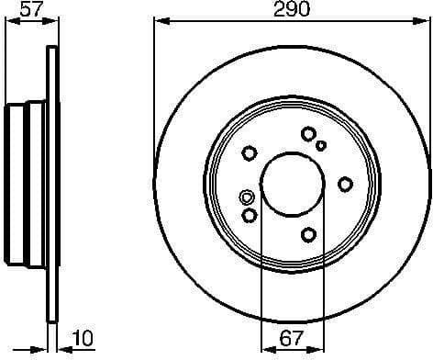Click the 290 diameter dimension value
point(290,10)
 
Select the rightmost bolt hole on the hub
point(345,184)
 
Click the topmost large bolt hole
point(307,134)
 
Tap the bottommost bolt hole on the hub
point(308,234)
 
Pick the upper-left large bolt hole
point(249,153)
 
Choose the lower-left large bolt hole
point(250,216)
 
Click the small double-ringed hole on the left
point(245,197)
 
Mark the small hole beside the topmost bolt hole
point(321,144)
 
